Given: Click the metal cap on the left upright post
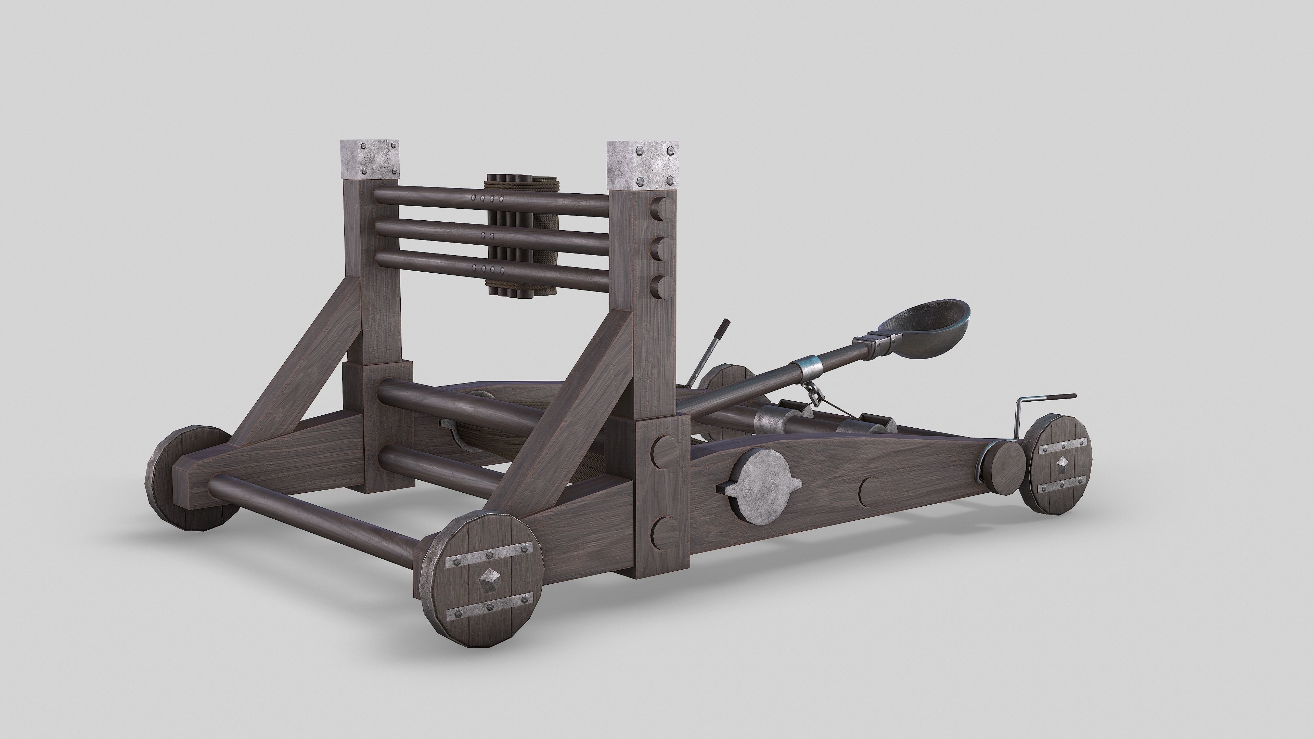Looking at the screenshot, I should pos(370,159).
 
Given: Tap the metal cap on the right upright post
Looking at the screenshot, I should pos(643,165).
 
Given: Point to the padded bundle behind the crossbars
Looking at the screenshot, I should pos(541,240).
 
